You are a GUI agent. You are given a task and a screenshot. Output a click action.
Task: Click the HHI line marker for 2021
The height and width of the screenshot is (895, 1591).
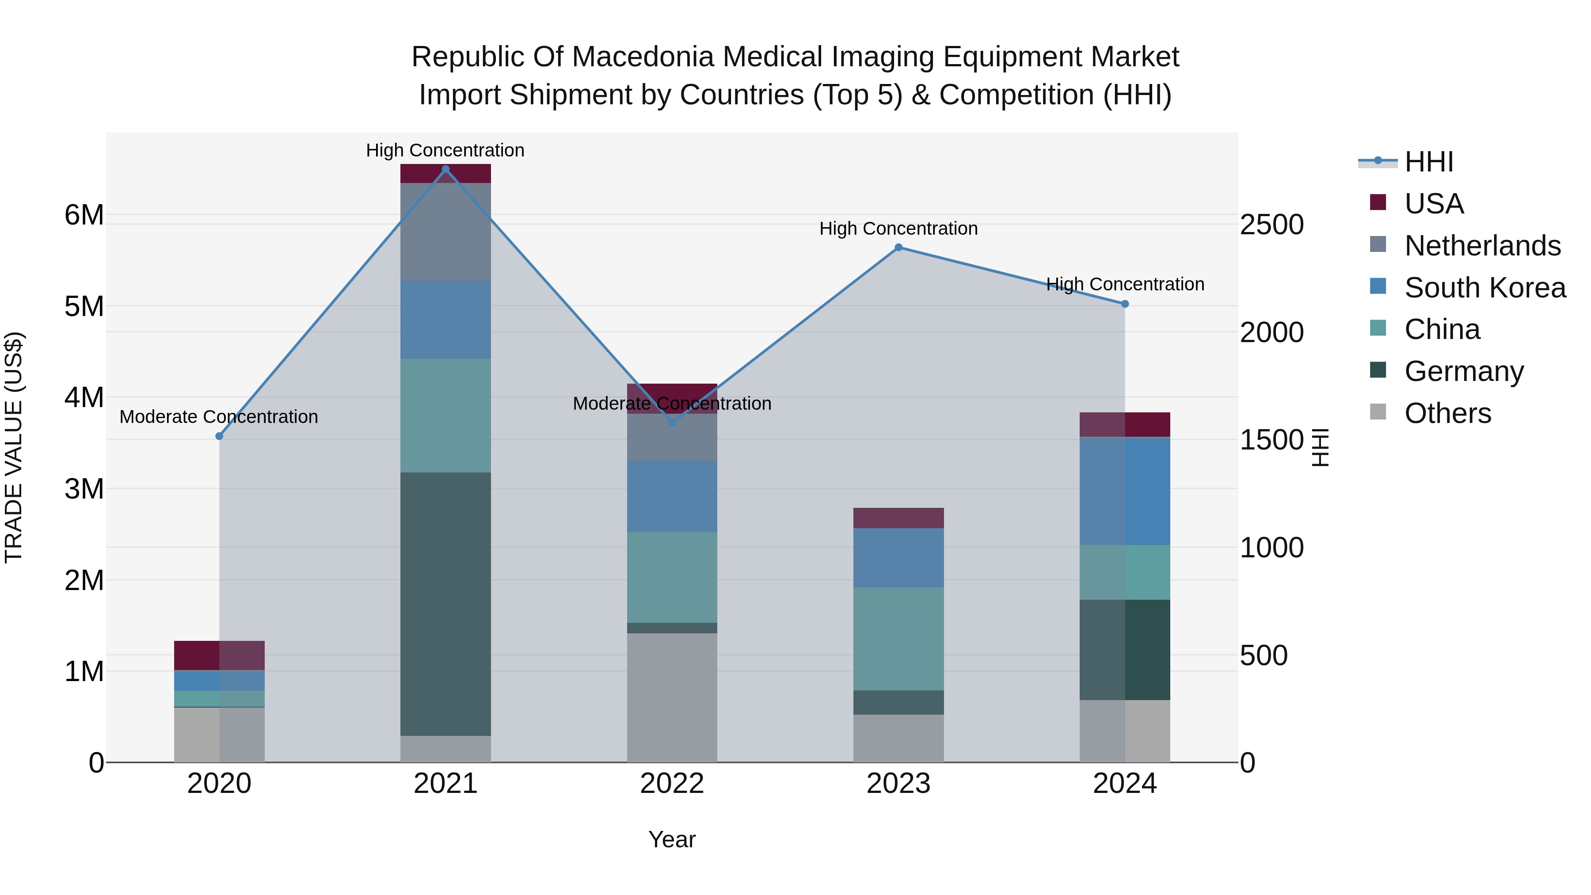[x=445, y=169]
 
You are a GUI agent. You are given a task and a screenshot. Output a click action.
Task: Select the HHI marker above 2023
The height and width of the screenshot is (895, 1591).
[x=898, y=248]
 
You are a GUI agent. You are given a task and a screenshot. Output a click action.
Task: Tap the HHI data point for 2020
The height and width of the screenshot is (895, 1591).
[x=219, y=436]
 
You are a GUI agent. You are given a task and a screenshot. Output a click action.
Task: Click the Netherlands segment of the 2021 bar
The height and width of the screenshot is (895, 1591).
[x=445, y=232]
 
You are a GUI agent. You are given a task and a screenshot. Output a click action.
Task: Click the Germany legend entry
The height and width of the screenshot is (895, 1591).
[x=1464, y=371]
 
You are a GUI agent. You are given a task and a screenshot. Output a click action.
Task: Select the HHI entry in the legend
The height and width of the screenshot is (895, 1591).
[x=1428, y=163]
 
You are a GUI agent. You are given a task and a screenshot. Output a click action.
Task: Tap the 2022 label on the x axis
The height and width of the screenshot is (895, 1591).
[x=672, y=784]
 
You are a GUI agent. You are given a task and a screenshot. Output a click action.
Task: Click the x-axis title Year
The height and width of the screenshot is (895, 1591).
[x=672, y=839]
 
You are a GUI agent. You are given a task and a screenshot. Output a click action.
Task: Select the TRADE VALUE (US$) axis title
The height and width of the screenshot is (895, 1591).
[x=14, y=447]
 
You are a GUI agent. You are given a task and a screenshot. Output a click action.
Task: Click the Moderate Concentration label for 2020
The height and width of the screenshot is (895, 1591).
[x=219, y=417]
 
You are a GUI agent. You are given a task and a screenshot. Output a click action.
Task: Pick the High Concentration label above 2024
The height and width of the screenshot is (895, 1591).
[x=1125, y=284]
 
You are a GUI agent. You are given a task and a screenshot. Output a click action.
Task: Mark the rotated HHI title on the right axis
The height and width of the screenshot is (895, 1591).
[x=1320, y=447]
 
